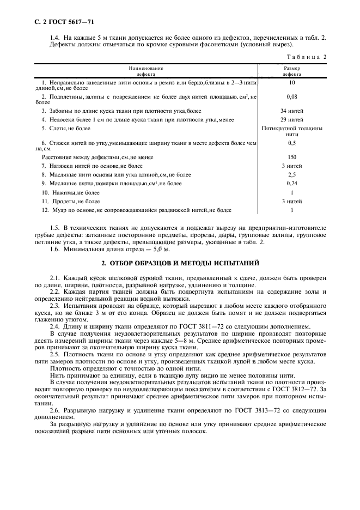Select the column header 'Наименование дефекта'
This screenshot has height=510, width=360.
click(x=146, y=71)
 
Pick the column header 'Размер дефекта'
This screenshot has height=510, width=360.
click(x=291, y=71)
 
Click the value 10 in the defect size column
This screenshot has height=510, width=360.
click(x=291, y=82)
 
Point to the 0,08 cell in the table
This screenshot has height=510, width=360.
click(x=291, y=96)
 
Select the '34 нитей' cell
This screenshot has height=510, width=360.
click(x=291, y=111)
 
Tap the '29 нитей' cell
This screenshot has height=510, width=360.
click(x=291, y=119)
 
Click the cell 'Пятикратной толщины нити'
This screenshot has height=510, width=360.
click(x=291, y=131)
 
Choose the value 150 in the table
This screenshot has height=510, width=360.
click(x=291, y=156)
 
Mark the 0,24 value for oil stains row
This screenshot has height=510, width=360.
click(x=291, y=184)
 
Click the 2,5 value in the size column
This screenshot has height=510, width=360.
click(x=291, y=174)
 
